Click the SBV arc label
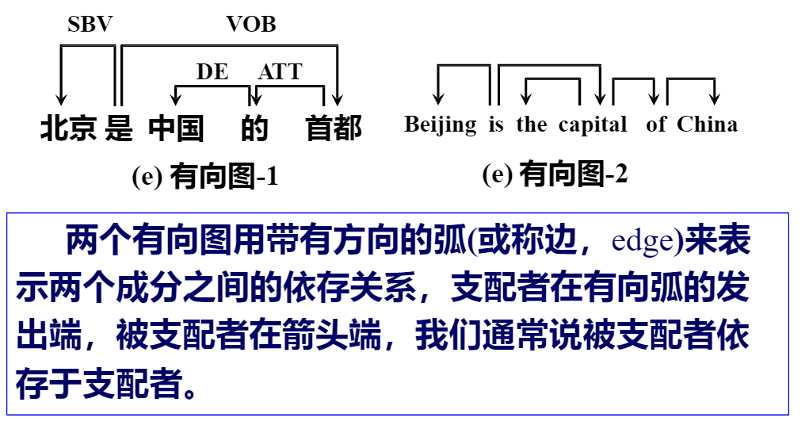click(x=90, y=25)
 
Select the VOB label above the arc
click(x=251, y=25)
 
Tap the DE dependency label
click(x=212, y=72)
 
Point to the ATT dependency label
click(x=280, y=72)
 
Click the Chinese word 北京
click(x=68, y=128)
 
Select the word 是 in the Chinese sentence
click(x=119, y=128)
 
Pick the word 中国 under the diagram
click(x=175, y=128)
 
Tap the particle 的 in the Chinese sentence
click(x=254, y=128)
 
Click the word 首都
click(x=334, y=128)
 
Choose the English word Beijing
click(x=441, y=125)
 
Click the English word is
click(x=496, y=125)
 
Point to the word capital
click(x=593, y=125)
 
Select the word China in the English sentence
click(x=707, y=125)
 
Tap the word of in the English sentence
click(x=656, y=125)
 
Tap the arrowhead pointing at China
click(x=715, y=99)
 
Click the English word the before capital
click(x=532, y=125)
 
